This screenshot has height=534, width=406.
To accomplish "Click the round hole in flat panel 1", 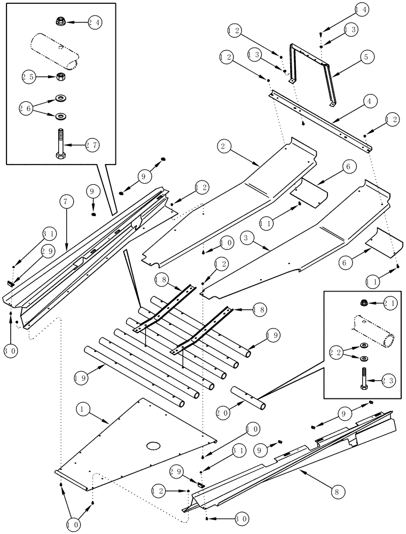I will tap(154, 445).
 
